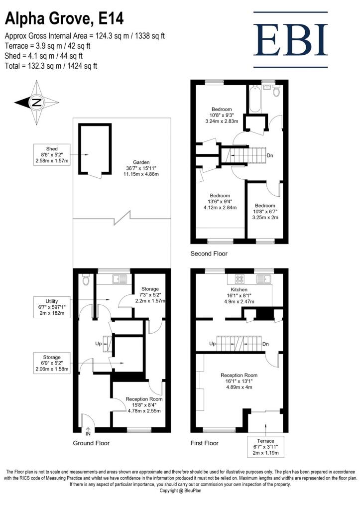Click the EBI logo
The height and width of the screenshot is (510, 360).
pyautogui.click(x=290, y=40)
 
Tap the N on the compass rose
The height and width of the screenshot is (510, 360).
pyautogui.click(x=36, y=103)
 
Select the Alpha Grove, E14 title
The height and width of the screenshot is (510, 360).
pyautogui.click(x=64, y=18)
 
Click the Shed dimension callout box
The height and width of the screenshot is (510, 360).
pyautogui.click(x=52, y=154)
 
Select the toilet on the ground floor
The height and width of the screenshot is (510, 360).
pyautogui.click(x=86, y=280)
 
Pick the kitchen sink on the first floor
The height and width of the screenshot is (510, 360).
pyautogui.click(x=264, y=279)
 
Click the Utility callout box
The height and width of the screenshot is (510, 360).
pyautogui.click(x=52, y=307)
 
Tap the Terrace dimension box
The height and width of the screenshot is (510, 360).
pyautogui.click(x=266, y=447)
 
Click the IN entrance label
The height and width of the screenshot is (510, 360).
pyautogui.click(x=88, y=434)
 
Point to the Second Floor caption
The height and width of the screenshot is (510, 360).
pyautogui.click(x=209, y=254)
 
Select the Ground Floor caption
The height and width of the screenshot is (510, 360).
pyautogui.click(x=91, y=443)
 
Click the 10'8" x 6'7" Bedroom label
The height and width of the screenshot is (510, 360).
pyautogui.click(x=265, y=211)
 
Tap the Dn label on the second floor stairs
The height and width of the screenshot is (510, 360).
pyautogui.click(x=269, y=155)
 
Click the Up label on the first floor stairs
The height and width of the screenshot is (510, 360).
pyautogui.click(x=212, y=344)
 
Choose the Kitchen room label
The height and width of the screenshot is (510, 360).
pyautogui.click(x=239, y=289)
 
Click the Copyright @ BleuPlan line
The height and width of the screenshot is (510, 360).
pyautogui.click(x=180, y=491)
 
